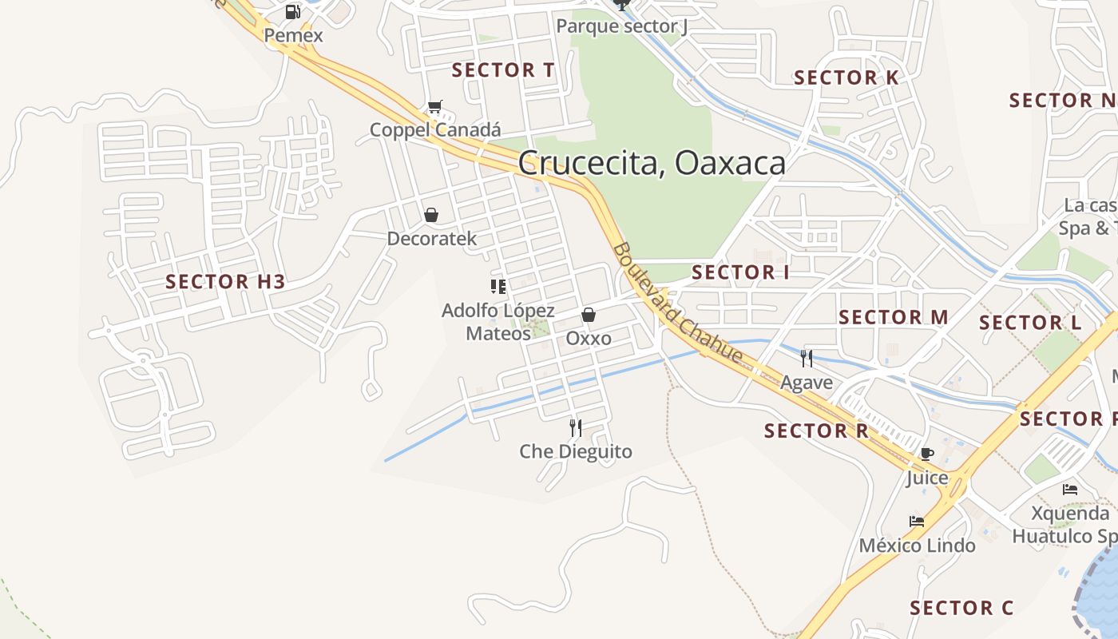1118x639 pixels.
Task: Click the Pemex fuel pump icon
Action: (x=293, y=12)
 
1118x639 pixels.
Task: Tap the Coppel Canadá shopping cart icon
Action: (x=435, y=106)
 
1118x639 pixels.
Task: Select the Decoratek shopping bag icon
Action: (x=431, y=215)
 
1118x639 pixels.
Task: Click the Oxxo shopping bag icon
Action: (x=589, y=315)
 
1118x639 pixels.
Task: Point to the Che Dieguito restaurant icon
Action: (x=575, y=428)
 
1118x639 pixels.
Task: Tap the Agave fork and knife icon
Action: (x=807, y=359)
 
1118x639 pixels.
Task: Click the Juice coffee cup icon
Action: (x=926, y=454)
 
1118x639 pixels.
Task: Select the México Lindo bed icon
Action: (x=917, y=522)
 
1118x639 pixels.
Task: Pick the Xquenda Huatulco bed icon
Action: (x=1070, y=490)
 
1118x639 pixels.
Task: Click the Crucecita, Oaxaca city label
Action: (x=652, y=163)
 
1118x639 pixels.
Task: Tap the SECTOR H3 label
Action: (x=225, y=281)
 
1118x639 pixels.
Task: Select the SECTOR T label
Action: (x=503, y=70)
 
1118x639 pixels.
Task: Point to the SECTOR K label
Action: (x=846, y=77)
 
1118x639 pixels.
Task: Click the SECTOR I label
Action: (x=740, y=272)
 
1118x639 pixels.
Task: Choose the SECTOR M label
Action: (x=894, y=317)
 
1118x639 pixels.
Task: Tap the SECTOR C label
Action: (x=961, y=608)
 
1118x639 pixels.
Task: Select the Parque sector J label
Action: (x=622, y=26)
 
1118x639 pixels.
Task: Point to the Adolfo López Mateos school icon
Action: (x=498, y=286)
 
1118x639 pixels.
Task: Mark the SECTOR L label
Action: (x=1030, y=323)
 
